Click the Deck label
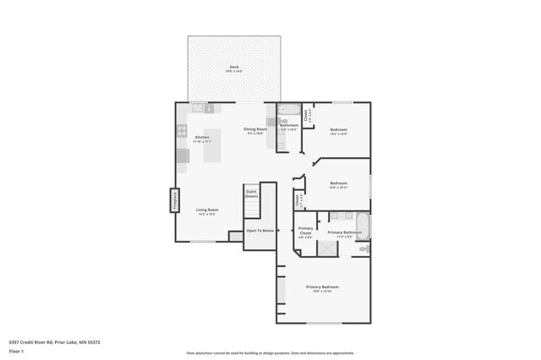tap(233, 68)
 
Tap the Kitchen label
tap(202, 138)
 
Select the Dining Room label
tap(255, 129)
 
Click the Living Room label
tap(207, 210)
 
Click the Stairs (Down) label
tap(251, 194)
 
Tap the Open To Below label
tap(260, 230)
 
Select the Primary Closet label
tap(306, 230)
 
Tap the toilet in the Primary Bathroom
tap(363, 248)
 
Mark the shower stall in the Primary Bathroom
tap(325, 248)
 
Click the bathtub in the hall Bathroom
tap(289, 109)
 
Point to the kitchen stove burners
tap(181, 131)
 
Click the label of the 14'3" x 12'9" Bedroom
tap(338, 130)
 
